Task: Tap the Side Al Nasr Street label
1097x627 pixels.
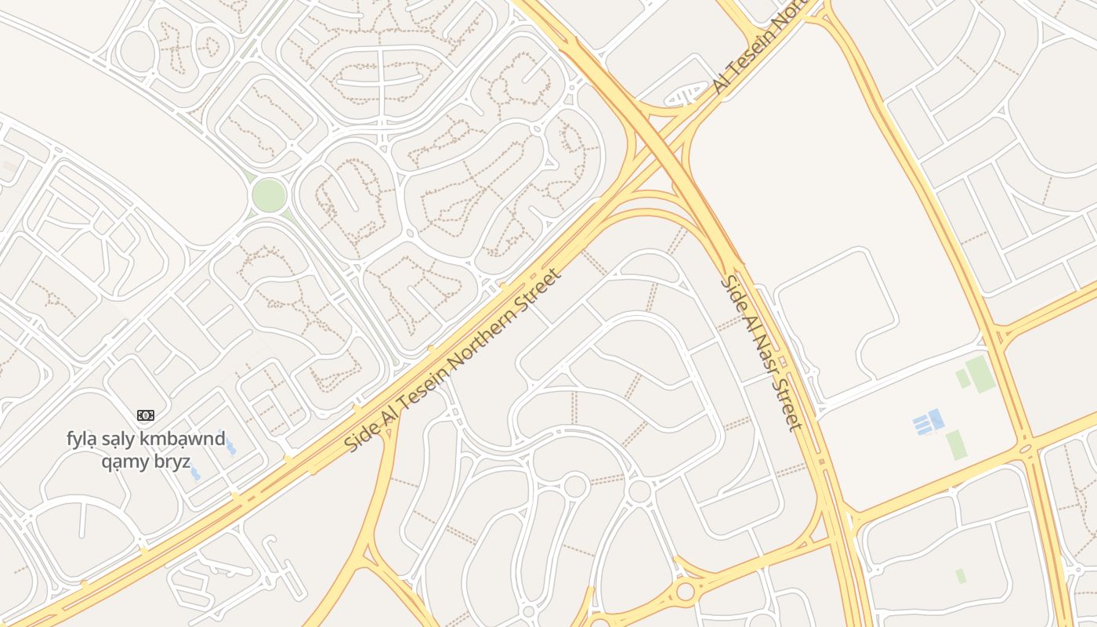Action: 762,352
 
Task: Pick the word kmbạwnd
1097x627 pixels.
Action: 188,438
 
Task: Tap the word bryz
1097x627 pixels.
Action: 174,461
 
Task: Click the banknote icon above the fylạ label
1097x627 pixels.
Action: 146,415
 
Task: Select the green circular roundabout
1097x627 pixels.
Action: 269,195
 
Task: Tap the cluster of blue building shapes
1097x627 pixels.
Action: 929,422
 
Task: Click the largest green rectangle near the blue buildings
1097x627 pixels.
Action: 980,374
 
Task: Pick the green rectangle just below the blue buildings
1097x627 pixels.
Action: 955,444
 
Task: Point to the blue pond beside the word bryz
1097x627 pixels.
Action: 194,473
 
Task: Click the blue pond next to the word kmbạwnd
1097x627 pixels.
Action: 230,448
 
